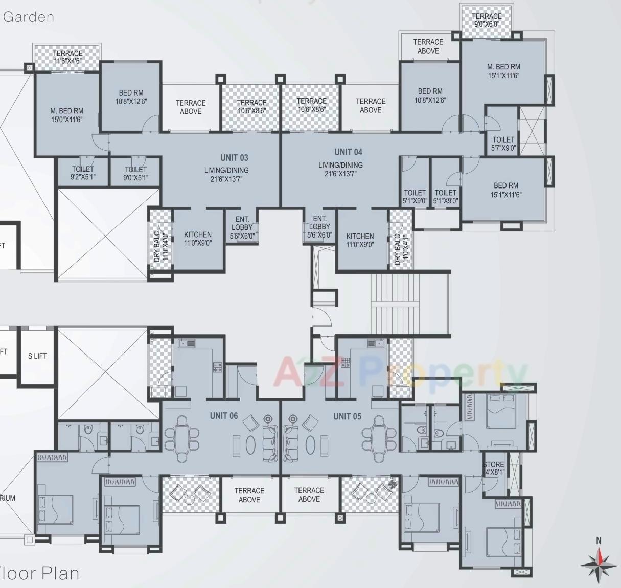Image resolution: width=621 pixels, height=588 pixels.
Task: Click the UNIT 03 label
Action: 234,158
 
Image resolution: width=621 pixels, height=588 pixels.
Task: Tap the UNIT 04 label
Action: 348,152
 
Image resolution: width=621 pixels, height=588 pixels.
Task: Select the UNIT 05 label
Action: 347,416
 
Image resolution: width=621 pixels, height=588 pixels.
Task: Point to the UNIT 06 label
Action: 223,416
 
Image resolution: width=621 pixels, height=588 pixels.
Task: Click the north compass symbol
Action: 598,563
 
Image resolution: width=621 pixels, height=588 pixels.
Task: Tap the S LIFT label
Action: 37,356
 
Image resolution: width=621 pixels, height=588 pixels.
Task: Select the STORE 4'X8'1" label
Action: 493,468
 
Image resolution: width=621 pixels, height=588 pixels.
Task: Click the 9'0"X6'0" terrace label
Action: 487,20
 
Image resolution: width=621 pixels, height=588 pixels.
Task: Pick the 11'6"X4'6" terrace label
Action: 67,57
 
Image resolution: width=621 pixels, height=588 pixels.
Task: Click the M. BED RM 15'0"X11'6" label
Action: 66,115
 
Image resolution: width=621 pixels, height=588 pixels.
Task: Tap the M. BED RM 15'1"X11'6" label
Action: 503,71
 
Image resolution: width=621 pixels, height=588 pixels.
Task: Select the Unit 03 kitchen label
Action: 197,239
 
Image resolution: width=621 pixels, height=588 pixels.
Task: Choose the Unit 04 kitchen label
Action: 360,240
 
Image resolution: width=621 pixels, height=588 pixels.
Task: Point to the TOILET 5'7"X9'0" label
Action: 503,144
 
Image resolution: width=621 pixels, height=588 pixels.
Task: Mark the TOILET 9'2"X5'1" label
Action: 83,173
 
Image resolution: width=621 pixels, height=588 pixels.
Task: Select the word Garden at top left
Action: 28,17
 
